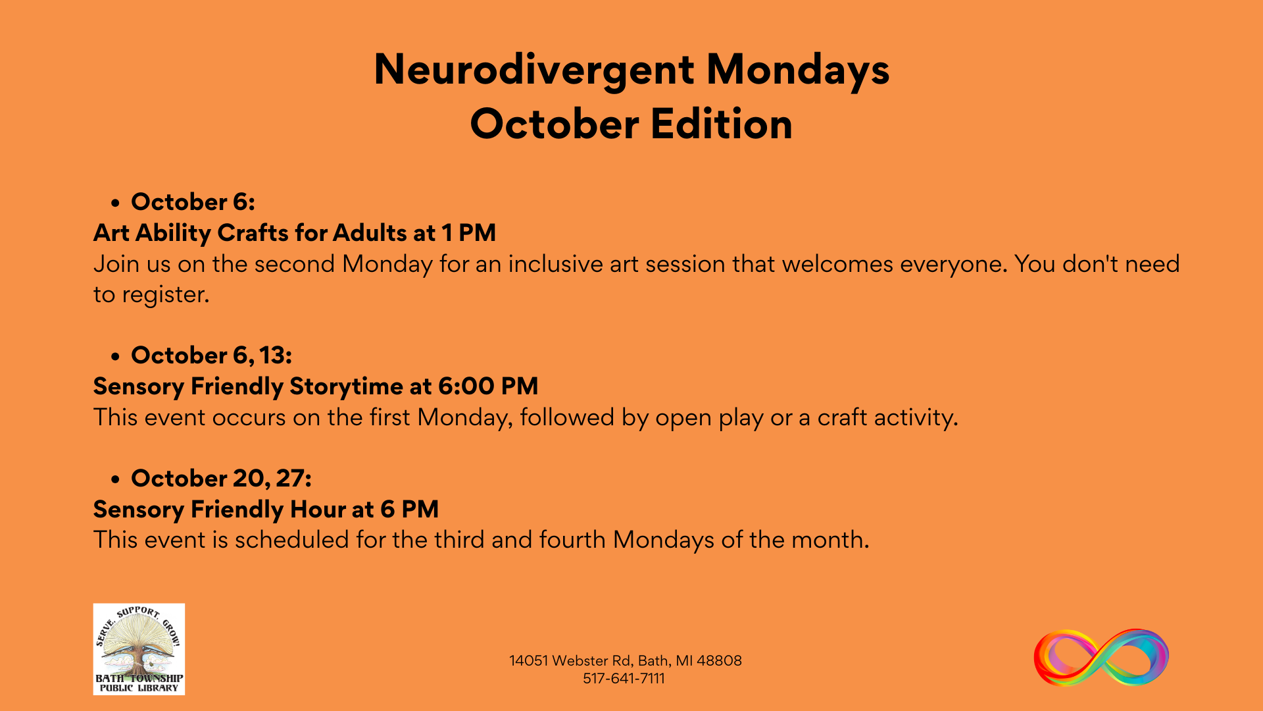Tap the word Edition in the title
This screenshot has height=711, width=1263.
click(722, 124)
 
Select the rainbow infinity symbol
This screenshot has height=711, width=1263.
click(1101, 658)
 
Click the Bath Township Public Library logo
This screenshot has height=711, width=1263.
click(139, 649)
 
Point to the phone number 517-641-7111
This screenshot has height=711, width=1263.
click(624, 679)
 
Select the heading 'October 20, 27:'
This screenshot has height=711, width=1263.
click(221, 479)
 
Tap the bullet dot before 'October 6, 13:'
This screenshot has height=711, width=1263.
click(116, 357)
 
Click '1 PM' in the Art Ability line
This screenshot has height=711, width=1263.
click(468, 233)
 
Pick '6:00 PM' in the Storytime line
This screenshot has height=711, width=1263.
click(488, 386)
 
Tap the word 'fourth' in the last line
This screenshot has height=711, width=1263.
click(572, 540)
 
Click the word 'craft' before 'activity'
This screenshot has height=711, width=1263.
click(842, 417)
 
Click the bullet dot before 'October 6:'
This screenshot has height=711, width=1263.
click(116, 203)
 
